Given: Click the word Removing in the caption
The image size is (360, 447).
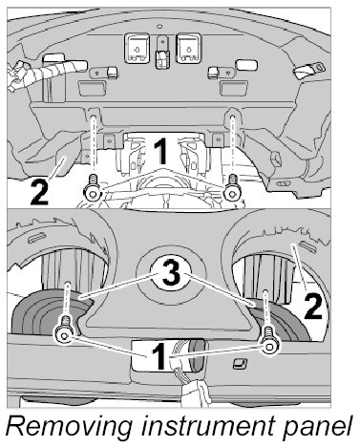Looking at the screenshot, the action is [x=69, y=427].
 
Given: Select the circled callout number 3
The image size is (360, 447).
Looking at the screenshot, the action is [x=172, y=273].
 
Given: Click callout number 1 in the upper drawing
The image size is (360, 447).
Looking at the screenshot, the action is [x=160, y=152].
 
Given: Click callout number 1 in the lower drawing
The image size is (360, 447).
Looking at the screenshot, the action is [x=159, y=357].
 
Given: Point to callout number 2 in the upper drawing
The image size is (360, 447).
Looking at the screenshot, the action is [x=39, y=192].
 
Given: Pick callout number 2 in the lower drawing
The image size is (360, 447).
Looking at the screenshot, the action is [x=313, y=306].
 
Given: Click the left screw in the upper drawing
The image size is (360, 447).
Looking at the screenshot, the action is [x=93, y=189].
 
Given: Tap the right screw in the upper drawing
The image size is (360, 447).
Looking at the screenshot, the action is [x=232, y=189].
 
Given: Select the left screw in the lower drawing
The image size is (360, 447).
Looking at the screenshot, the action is [x=64, y=330].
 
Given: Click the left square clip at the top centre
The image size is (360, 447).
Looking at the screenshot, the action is [x=138, y=48].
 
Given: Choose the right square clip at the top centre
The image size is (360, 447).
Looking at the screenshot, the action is [x=189, y=48].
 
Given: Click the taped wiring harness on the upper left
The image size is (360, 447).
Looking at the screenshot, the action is [x=46, y=73].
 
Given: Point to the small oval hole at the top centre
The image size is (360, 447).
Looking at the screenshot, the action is [x=160, y=26].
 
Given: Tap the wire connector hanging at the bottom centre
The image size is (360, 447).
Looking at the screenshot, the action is [x=194, y=391].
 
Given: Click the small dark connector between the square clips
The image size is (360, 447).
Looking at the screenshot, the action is [x=162, y=59].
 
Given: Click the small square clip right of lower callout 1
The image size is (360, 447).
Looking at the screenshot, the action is [x=239, y=364].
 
